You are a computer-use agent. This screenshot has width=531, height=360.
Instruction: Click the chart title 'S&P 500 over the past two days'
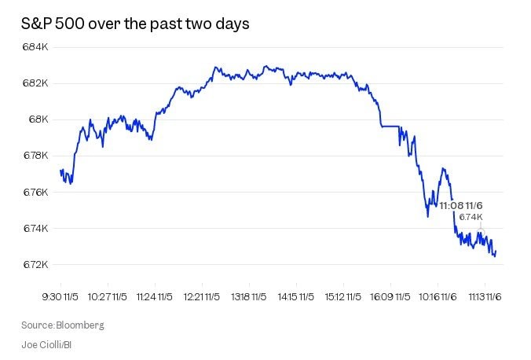coord(135,24)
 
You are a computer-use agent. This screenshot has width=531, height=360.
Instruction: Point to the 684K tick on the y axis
coord(36,47)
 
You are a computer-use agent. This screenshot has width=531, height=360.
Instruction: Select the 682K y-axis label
coord(36,83)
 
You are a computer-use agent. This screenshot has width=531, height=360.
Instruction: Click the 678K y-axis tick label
coord(36,156)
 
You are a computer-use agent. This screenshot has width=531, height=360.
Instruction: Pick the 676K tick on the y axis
coord(36,193)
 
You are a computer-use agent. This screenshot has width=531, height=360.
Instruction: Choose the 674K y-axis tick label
coord(36,229)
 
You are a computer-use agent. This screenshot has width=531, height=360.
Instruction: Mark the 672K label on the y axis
coord(36,265)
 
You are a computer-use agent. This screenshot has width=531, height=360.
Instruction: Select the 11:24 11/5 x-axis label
coord(154,297)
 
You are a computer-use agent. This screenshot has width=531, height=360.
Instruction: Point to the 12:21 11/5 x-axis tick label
coord(201,297)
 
